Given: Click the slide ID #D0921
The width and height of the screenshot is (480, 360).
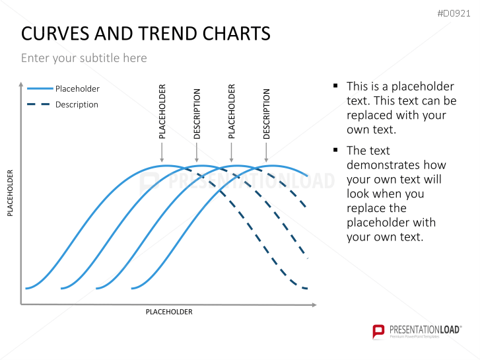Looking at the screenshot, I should click(x=455, y=13).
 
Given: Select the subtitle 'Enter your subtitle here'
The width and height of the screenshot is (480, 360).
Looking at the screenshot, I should click(x=84, y=58).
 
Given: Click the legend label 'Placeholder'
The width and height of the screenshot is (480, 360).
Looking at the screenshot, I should click(x=77, y=89).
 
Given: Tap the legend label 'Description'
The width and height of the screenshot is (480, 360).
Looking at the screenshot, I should click(x=77, y=104).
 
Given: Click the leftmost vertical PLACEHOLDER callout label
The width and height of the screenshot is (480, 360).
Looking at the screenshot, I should click(x=162, y=111).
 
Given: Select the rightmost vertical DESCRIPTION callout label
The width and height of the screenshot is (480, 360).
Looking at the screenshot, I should click(x=267, y=114).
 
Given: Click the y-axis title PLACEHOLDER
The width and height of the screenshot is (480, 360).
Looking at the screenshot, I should click(x=10, y=193).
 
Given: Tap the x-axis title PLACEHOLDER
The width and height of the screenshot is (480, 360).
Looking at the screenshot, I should click(x=169, y=312).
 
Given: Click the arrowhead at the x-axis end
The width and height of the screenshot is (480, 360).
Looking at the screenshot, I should click(x=314, y=305).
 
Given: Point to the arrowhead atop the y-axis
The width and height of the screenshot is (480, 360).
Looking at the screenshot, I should click(x=21, y=84).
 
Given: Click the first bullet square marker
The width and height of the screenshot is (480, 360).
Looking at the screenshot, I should click(x=335, y=86).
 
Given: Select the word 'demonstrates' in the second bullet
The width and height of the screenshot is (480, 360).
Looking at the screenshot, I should click(x=396, y=164).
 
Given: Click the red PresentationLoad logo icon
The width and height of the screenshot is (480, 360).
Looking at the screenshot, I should click(x=378, y=331).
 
